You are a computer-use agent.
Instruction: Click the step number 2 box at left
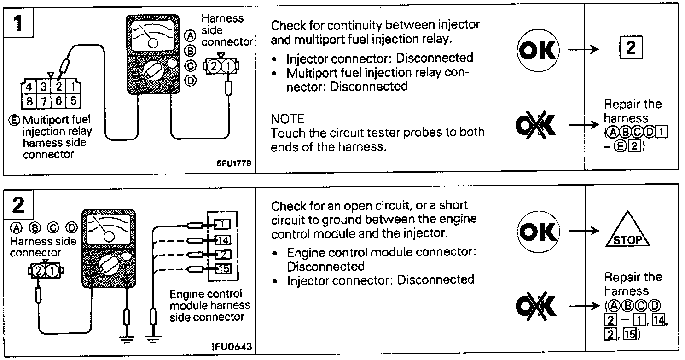click(18, 204)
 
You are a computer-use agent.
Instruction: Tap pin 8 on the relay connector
click(29, 101)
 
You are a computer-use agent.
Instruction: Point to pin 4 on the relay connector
click(29, 87)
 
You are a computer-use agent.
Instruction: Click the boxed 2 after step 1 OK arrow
click(631, 48)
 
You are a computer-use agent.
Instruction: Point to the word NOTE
click(287, 119)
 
